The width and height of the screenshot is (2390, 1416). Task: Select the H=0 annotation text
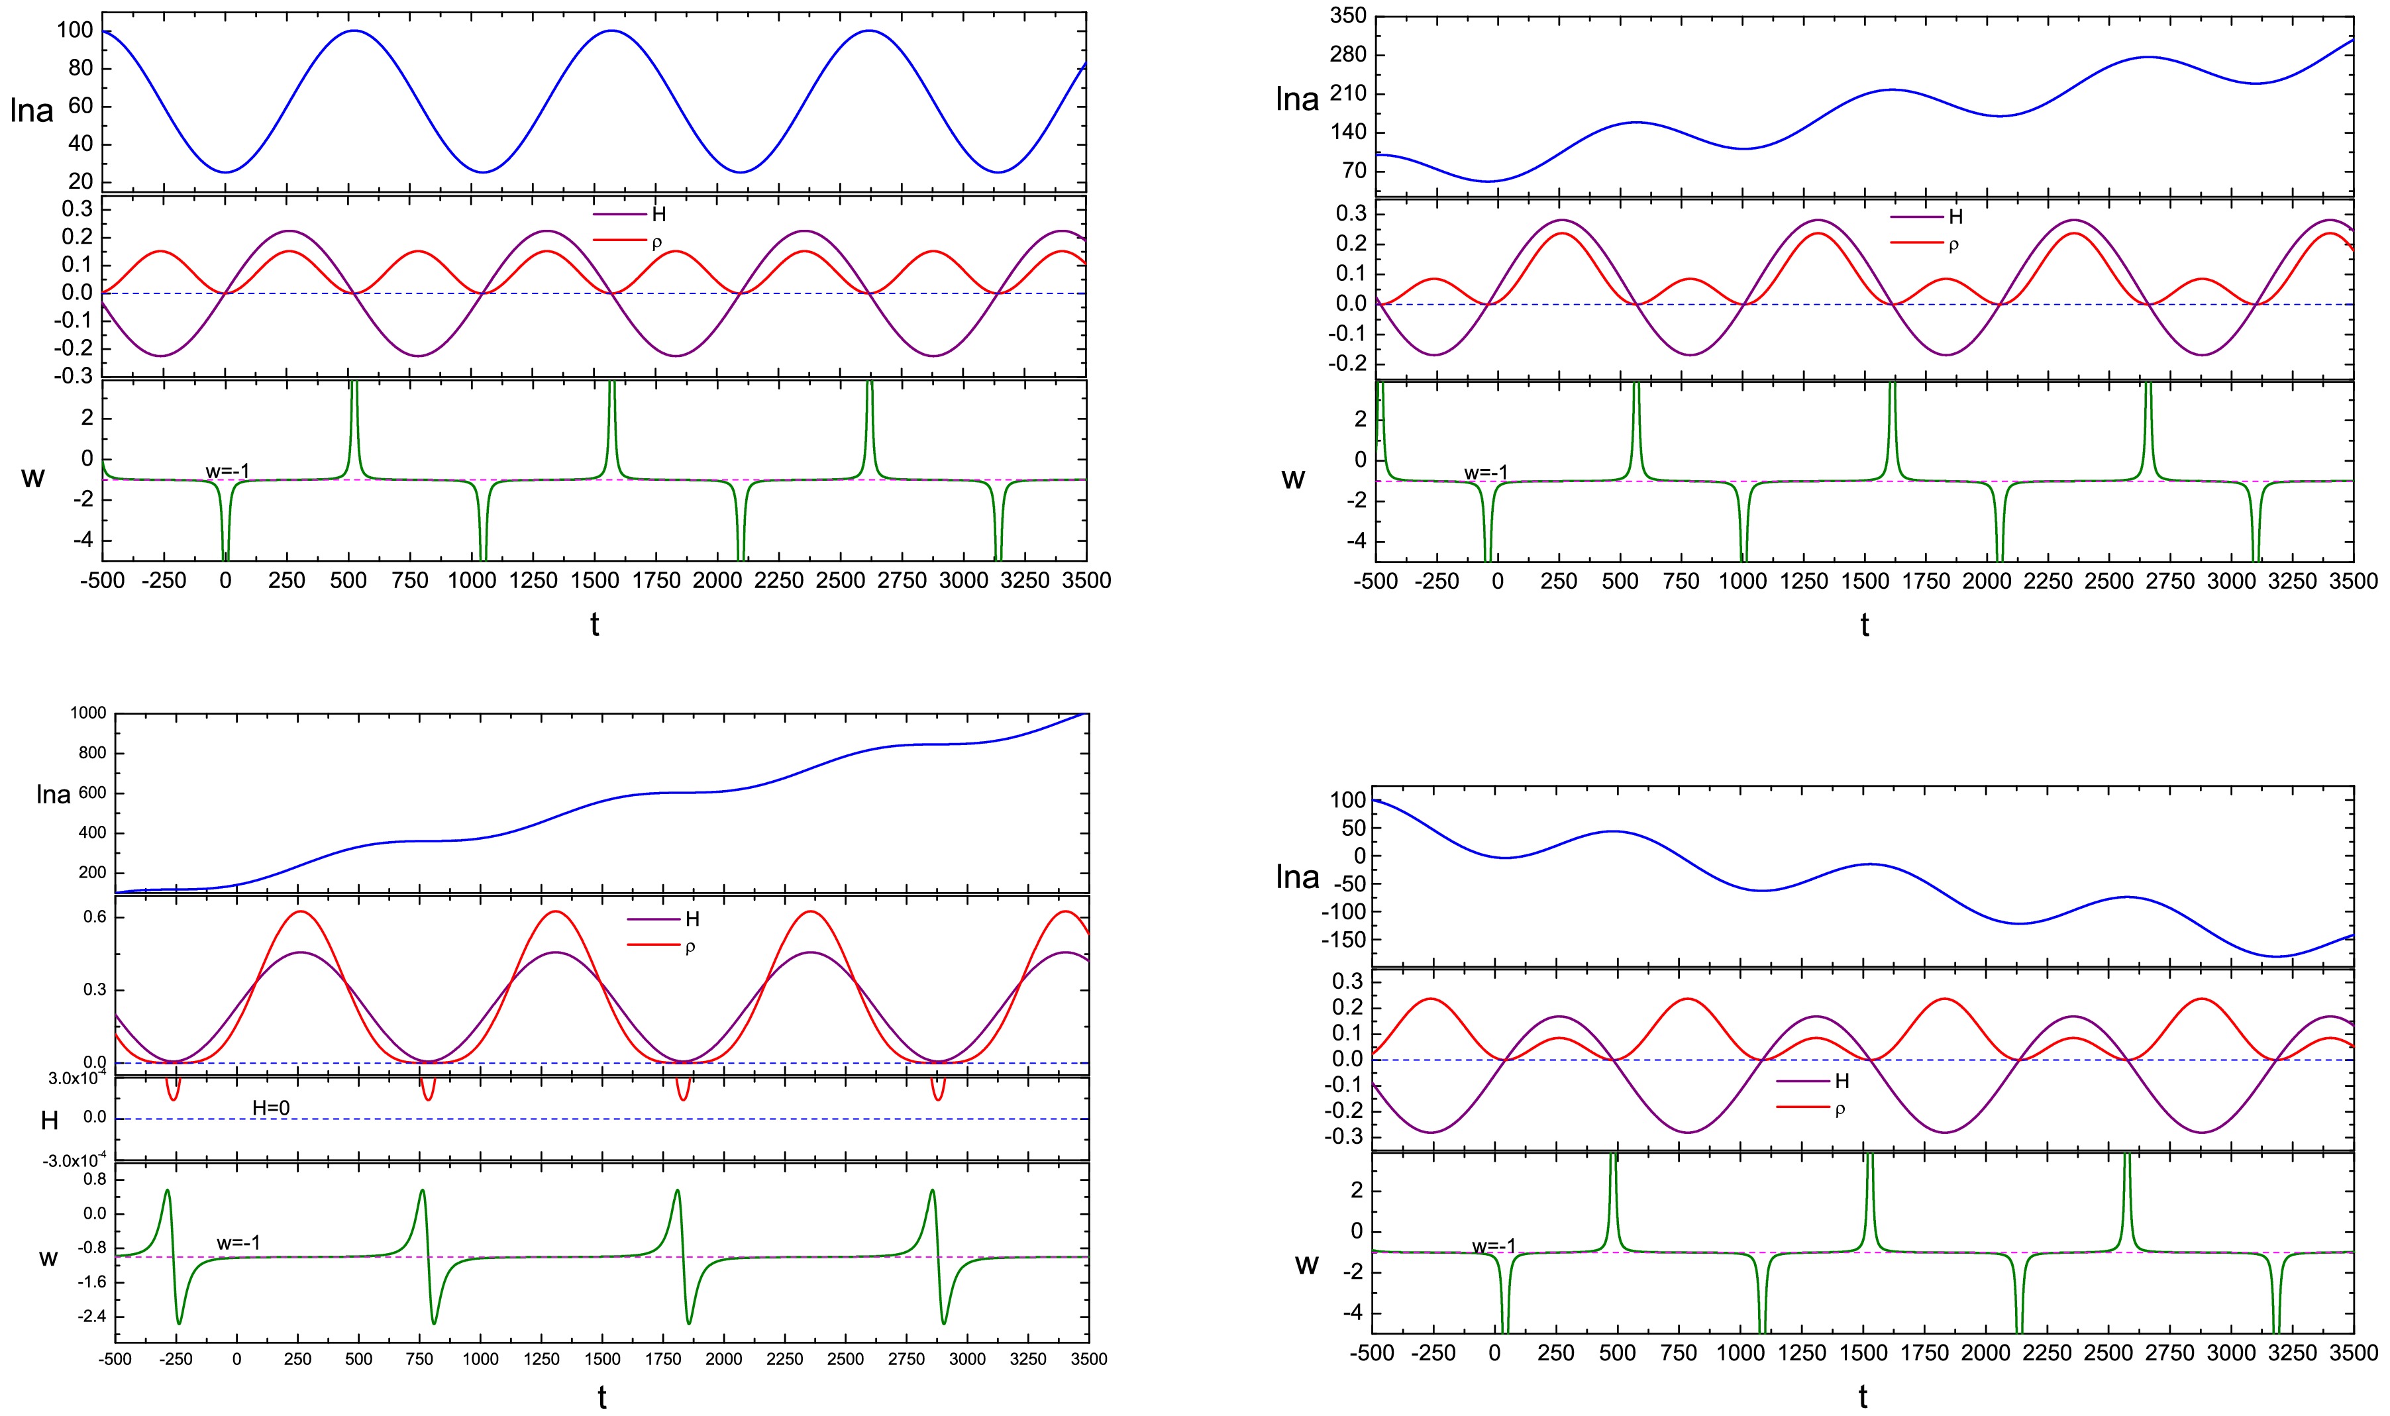pos(271,1108)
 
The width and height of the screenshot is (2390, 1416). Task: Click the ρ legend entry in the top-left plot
pos(656,242)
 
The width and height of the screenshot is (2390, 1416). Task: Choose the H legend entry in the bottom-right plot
pos(1842,1081)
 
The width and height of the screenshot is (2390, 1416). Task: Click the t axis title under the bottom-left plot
pos(602,1398)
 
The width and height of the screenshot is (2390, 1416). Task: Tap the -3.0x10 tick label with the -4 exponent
pos(76,1160)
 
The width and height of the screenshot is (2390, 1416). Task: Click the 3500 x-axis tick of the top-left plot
pos(1087,580)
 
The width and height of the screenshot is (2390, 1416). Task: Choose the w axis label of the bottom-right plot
pos(1306,1265)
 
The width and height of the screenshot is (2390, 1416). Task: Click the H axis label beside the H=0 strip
pos(50,1120)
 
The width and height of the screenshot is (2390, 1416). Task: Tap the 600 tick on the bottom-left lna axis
pos(93,793)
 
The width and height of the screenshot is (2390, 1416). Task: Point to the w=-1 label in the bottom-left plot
pos(238,1243)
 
